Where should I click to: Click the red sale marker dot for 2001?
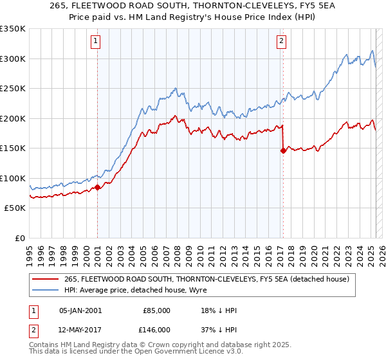tap(97, 187)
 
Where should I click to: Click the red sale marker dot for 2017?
tap(282, 151)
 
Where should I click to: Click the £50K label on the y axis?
tap(15, 208)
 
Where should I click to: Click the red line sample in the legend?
tap(46, 279)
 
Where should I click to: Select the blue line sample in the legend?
tap(46, 290)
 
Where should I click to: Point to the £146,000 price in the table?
tap(156, 329)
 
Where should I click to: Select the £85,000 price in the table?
tap(156, 310)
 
